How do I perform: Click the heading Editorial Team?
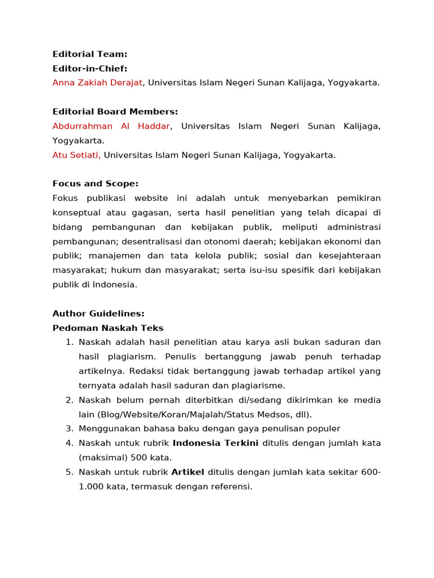[90, 54]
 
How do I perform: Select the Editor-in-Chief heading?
[90, 69]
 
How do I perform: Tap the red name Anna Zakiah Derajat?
[97, 83]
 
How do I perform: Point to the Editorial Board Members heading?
[115, 112]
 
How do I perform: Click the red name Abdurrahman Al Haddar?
[111, 126]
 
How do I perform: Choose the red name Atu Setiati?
[76, 155]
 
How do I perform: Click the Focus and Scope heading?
[95, 184]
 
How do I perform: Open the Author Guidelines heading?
[98, 313]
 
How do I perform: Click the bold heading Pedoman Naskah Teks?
[108, 328]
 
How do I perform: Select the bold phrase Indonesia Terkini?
[215, 443]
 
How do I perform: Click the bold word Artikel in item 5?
[188, 472]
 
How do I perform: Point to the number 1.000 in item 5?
[91, 487]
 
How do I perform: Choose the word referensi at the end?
[231, 487]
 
